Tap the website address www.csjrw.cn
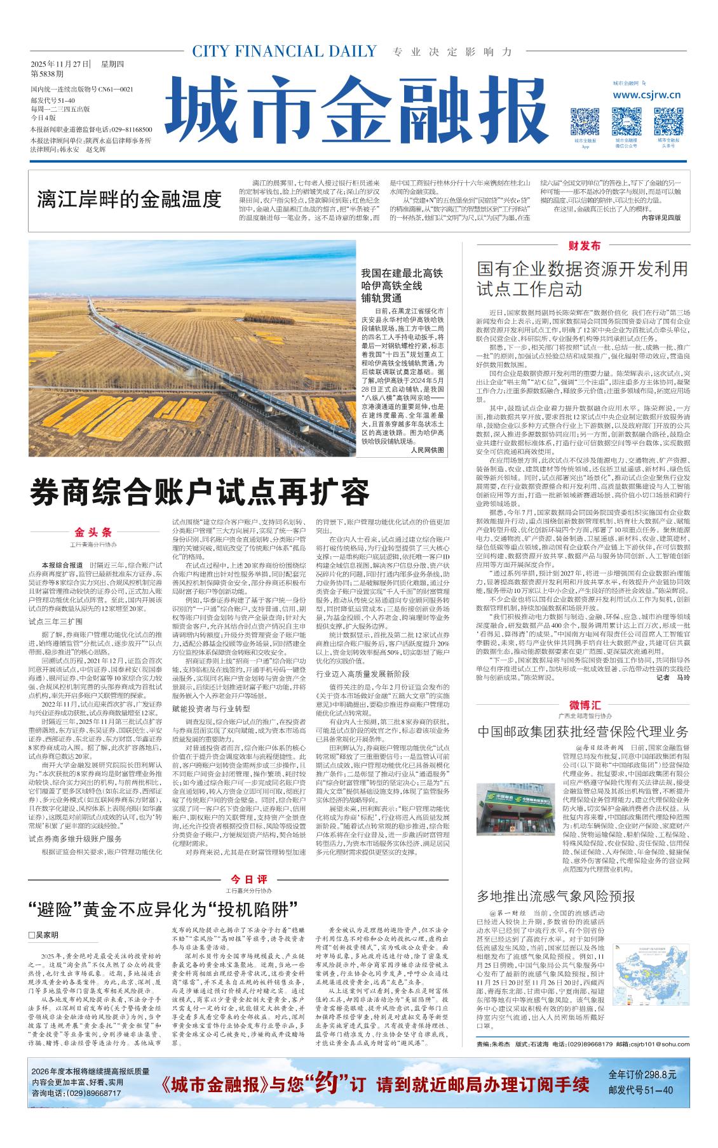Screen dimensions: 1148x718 tap(647, 95)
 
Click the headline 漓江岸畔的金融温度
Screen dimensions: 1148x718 tap(129, 199)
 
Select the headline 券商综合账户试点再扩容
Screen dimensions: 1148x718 tap(200, 492)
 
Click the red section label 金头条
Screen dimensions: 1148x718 tap(93, 532)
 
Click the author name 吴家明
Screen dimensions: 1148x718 tap(43, 935)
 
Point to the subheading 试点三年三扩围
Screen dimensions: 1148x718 tap(56, 622)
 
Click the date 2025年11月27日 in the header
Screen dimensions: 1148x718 tap(60, 64)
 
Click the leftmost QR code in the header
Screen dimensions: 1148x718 tap(585, 121)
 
